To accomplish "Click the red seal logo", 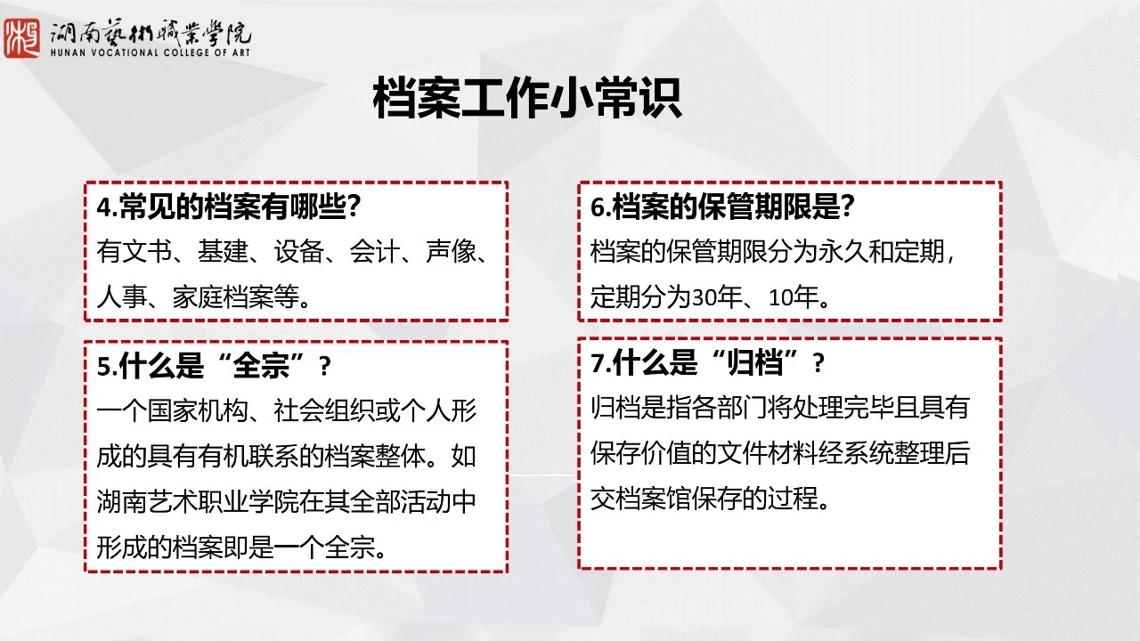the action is click(22, 38).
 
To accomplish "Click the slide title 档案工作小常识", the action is click(527, 98).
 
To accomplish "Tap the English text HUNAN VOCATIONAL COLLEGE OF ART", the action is click(151, 53).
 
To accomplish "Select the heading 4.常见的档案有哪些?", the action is click(229, 207).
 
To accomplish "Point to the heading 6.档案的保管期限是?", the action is click(722, 207).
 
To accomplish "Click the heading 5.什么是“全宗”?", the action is click(215, 365).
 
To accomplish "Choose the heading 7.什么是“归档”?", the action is click(707, 362).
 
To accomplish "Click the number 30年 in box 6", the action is click(716, 297).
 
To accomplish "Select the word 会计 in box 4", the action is click(375, 252).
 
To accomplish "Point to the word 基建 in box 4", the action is click(223, 252).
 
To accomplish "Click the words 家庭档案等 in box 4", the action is click(235, 297).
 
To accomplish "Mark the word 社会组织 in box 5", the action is click(323, 410).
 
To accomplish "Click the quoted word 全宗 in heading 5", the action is click(261, 365).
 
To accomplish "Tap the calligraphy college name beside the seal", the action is click(151, 33).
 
